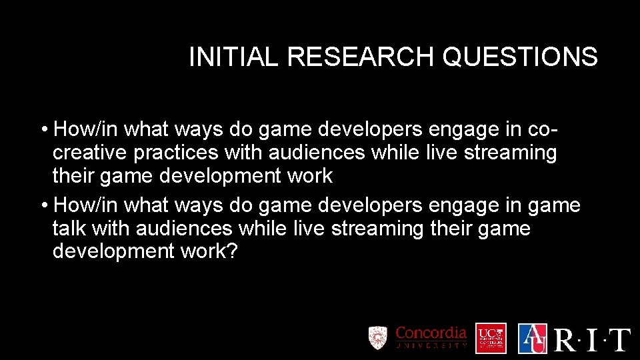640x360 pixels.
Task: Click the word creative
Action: (x=90, y=153)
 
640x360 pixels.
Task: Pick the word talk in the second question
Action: (x=69, y=229)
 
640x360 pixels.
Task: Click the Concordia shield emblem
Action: (x=378, y=337)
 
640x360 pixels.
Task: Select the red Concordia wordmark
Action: (x=431, y=333)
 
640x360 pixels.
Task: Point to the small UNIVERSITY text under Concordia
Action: (x=431, y=346)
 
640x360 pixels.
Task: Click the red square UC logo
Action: (x=491, y=338)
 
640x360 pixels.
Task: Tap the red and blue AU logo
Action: (x=532, y=338)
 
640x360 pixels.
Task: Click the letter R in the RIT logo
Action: (x=567, y=339)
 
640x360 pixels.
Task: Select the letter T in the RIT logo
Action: (x=619, y=339)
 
